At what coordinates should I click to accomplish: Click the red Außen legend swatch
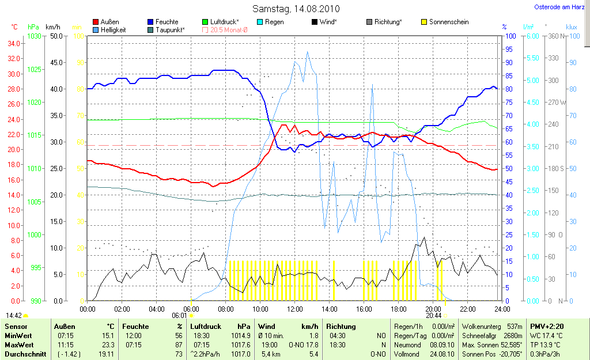pyautogui.click(x=96, y=22)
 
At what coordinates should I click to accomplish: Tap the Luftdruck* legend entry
pyautogui.click(x=225, y=22)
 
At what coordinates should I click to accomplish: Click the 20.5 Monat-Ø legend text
pyautogui.click(x=229, y=29)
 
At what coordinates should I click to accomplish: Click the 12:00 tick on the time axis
pyautogui.click(x=295, y=309)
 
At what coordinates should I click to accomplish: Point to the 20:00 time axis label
pyautogui.click(x=433, y=309)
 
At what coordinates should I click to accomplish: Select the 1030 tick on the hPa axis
pyautogui.click(x=35, y=36)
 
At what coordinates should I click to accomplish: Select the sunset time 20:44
pyautogui.click(x=433, y=316)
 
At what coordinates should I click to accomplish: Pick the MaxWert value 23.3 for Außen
pyautogui.click(x=107, y=344)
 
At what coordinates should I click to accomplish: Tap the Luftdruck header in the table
pyautogui.click(x=206, y=327)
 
